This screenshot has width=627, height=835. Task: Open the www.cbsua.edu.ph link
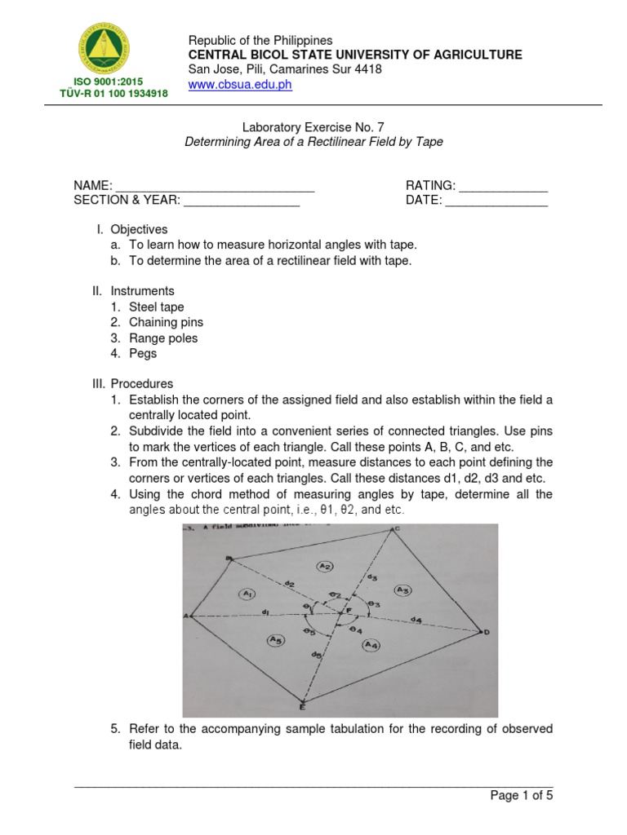point(240,85)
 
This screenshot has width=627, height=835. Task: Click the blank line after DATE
point(496,201)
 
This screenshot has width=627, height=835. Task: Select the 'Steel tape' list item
point(156,307)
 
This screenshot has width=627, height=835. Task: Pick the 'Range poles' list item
point(163,338)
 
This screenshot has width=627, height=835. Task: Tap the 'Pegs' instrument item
point(143,354)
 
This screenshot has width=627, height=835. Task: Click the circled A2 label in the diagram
point(325,566)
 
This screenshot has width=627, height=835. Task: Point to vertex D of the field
point(487,632)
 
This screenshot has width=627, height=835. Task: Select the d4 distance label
point(416,621)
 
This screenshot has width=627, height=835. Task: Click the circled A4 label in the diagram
point(371,646)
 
